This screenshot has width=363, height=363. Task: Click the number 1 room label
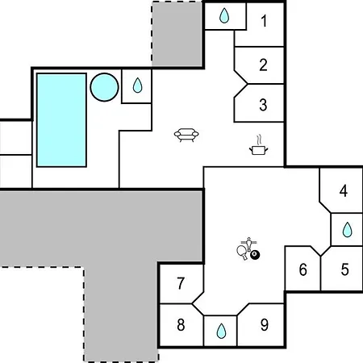click(265, 21)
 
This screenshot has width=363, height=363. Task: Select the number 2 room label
click(263, 65)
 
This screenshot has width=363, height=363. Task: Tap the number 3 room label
click(263, 105)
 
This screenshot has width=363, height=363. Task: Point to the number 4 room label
click(344, 191)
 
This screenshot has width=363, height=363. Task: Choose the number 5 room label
click(345, 269)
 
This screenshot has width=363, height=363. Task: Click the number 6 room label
click(302, 269)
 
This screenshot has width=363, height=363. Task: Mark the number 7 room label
click(181, 283)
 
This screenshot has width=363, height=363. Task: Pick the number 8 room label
click(181, 324)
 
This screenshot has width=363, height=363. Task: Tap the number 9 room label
click(265, 324)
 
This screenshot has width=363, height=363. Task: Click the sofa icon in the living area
click(186, 135)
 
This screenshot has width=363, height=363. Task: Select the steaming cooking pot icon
click(259, 145)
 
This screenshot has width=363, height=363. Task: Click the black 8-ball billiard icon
click(255, 255)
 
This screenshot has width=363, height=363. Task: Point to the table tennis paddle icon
click(242, 252)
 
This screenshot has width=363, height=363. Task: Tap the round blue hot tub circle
click(104, 87)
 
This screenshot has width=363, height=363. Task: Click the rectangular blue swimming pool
click(61, 120)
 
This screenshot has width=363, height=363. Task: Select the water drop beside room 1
click(224, 15)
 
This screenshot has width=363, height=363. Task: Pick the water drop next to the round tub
click(137, 86)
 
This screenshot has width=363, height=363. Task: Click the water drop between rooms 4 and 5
click(347, 230)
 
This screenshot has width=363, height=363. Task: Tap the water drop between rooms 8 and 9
click(221, 331)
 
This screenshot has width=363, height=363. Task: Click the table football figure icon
click(249, 244)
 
